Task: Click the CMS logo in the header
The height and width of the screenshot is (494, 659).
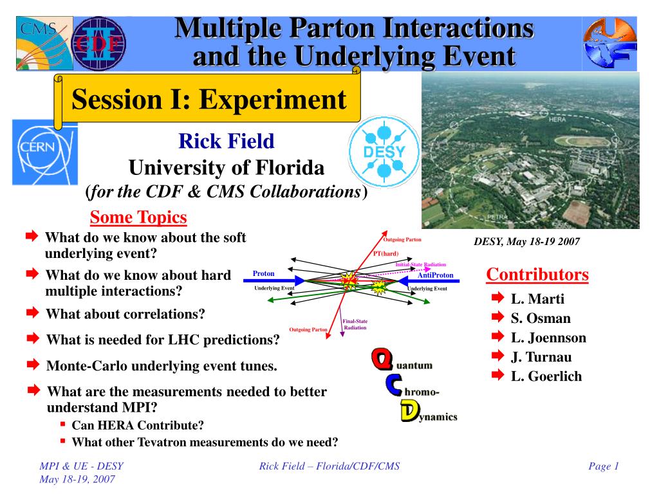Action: pos(44,43)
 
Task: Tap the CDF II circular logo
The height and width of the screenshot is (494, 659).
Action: pos(98,44)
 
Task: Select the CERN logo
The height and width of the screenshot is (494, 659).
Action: pos(45,152)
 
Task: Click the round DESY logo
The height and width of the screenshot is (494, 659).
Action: pos(384,152)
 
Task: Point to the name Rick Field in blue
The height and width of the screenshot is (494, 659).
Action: pos(226,141)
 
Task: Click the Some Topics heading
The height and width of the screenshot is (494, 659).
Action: pos(138,217)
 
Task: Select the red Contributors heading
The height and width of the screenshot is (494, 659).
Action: pos(537,274)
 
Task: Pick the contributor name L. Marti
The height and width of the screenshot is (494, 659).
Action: pos(537,298)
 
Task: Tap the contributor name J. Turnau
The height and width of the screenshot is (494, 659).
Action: pos(541,357)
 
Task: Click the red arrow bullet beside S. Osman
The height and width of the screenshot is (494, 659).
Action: pos(497,316)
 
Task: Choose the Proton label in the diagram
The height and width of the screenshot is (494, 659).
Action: pos(263,273)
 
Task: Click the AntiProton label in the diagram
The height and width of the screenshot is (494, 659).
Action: pos(436,275)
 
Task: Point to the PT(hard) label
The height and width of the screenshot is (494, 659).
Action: pos(386,253)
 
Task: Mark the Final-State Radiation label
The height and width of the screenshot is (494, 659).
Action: pos(355,324)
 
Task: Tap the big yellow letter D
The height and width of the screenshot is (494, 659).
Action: pos(410,410)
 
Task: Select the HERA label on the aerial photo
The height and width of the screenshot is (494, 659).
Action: pos(557,120)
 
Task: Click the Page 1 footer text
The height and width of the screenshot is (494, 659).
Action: pos(604,466)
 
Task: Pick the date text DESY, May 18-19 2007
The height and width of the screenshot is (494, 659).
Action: pos(526,242)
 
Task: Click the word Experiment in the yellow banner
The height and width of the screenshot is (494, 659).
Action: pos(273,100)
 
